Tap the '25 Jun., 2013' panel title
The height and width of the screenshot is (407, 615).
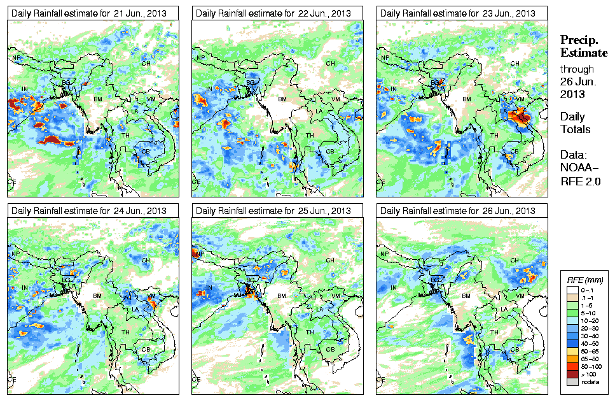click(x=273, y=211)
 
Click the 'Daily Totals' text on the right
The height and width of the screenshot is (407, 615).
click(x=576, y=123)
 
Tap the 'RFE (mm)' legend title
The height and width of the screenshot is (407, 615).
click(x=585, y=280)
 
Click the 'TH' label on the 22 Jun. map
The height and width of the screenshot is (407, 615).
click(x=310, y=136)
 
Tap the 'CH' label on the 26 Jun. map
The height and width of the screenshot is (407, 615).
click(x=515, y=261)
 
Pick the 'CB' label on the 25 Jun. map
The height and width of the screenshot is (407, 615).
click(x=329, y=349)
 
